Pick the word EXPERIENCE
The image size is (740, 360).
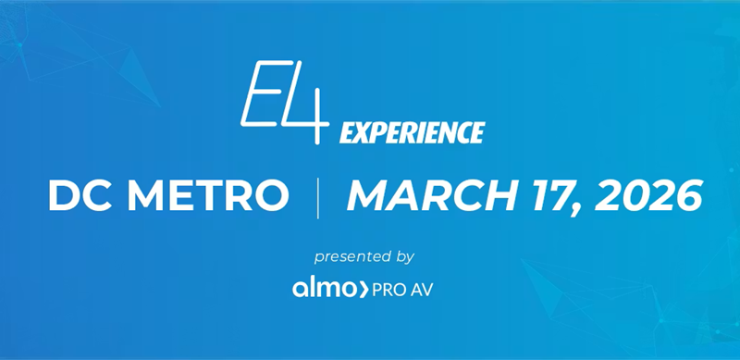[412, 133]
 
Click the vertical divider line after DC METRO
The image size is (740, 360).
[318, 196]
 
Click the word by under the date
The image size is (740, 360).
[404, 255]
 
